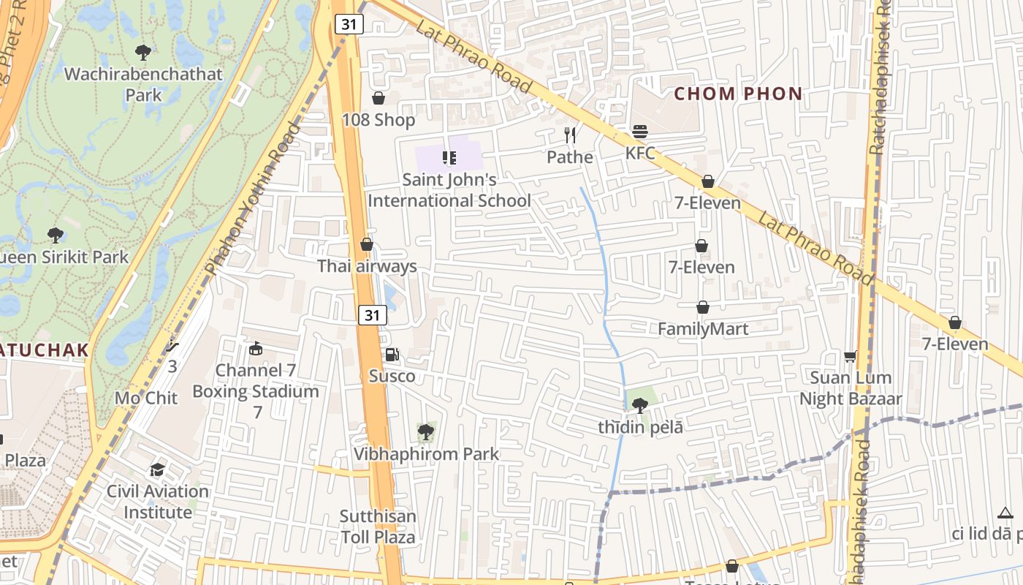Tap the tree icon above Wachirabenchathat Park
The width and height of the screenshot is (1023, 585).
pyautogui.click(x=143, y=52)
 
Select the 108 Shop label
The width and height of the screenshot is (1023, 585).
pyautogui.click(x=379, y=119)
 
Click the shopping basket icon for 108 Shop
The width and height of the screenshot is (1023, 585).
pyautogui.click(x=379, y=98)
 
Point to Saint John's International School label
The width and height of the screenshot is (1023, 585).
pyautogui.click(x=449, y=189)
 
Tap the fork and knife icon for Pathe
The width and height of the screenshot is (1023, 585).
pyautogui.click(x=570, y=135)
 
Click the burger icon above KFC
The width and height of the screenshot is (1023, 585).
pyautogui.click(x=640, y=132)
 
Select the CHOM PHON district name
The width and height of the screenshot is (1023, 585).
pyautogui.click(x=738, y=94)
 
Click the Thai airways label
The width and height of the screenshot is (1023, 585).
pyautogui.click(x=367, y=266)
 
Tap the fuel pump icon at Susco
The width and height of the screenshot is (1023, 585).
pyautogui.click(x=392, y=355)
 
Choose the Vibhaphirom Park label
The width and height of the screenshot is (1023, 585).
pyautogui.click(x=426, y=453)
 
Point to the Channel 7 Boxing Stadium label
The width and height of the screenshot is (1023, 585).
pyautogui.click(x=256, y=381)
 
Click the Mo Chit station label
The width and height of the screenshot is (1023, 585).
pyautogui.click(x=146, y=398)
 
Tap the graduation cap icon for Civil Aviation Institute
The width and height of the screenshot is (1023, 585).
pyautogui.click(x=157, y=469)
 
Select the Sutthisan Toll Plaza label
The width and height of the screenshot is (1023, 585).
pyautogui.click(x=378, y=526)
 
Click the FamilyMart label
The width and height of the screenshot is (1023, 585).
pyautogui.click(x=703, y=329)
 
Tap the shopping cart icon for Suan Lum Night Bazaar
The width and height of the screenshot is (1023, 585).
pyautogui.click(x=850, y=356)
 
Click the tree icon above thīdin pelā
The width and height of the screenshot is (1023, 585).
pyautogui.click(x=640, y=404)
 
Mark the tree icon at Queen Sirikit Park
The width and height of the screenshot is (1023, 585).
pyautogui.click(x=55, y=235)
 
